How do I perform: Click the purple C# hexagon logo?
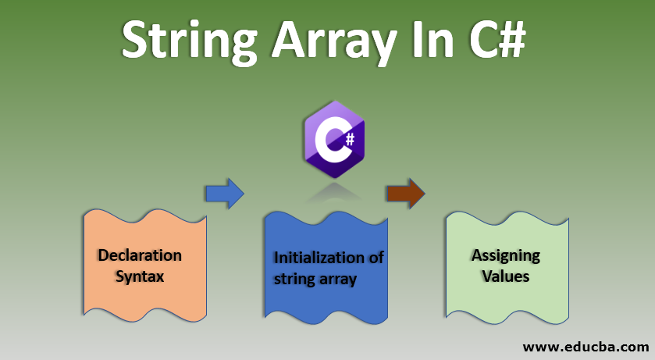333,141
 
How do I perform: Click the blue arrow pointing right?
224,192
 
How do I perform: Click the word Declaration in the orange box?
140,255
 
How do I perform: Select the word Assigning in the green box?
505,255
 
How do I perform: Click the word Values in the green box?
505,276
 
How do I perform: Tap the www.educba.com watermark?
585,345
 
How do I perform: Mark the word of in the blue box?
376,258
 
